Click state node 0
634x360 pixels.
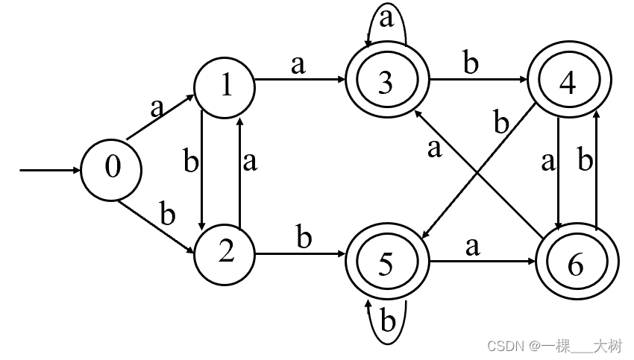point(111,168)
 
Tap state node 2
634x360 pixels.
point(225,253)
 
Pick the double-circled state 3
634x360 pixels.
point(386,83)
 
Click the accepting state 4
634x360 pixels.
point(568,83)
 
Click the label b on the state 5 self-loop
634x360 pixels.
point(387,323)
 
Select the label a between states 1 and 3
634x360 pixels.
point(298,65)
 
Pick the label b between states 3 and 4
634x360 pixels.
point(471,64)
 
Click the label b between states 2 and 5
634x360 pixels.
point(304,238)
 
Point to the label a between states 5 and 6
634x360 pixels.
point(471,246)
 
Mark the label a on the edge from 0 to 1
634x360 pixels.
point(156,108)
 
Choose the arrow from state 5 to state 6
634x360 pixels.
point(477,262)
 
